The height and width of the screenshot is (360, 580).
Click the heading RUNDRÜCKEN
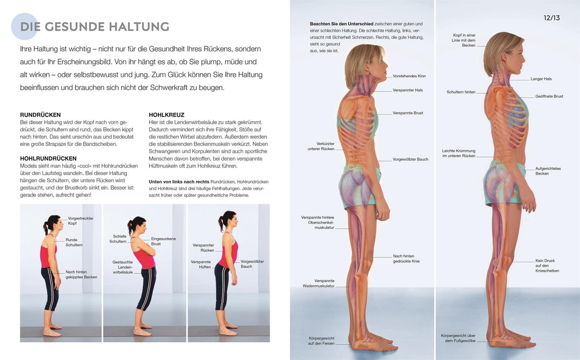point(40,114)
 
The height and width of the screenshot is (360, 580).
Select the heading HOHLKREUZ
point(166,114)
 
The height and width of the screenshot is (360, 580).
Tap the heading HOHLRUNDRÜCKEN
point(48,159)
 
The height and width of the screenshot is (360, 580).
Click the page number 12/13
point(552,18)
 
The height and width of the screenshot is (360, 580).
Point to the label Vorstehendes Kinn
point(409,76)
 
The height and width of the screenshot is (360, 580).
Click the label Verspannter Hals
point(408,90)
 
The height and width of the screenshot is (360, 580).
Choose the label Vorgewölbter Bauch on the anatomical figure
point(411,159)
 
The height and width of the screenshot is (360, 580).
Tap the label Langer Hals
point(541,79)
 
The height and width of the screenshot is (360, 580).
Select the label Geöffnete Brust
point(549,96)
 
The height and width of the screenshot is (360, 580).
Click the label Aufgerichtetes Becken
point(548,171)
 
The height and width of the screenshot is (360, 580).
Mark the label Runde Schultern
point(74,242)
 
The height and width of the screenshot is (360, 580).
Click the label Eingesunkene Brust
point(163,241)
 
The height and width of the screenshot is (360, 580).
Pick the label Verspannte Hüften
point(201,264)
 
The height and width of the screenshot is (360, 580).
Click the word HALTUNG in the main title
point(139,27)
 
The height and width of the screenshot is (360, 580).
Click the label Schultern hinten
point(461,92)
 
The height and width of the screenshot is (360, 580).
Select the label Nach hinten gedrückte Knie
point(406,258)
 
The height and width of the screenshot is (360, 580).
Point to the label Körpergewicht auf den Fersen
point(321,341)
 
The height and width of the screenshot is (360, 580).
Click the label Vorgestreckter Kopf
point(81,220)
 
